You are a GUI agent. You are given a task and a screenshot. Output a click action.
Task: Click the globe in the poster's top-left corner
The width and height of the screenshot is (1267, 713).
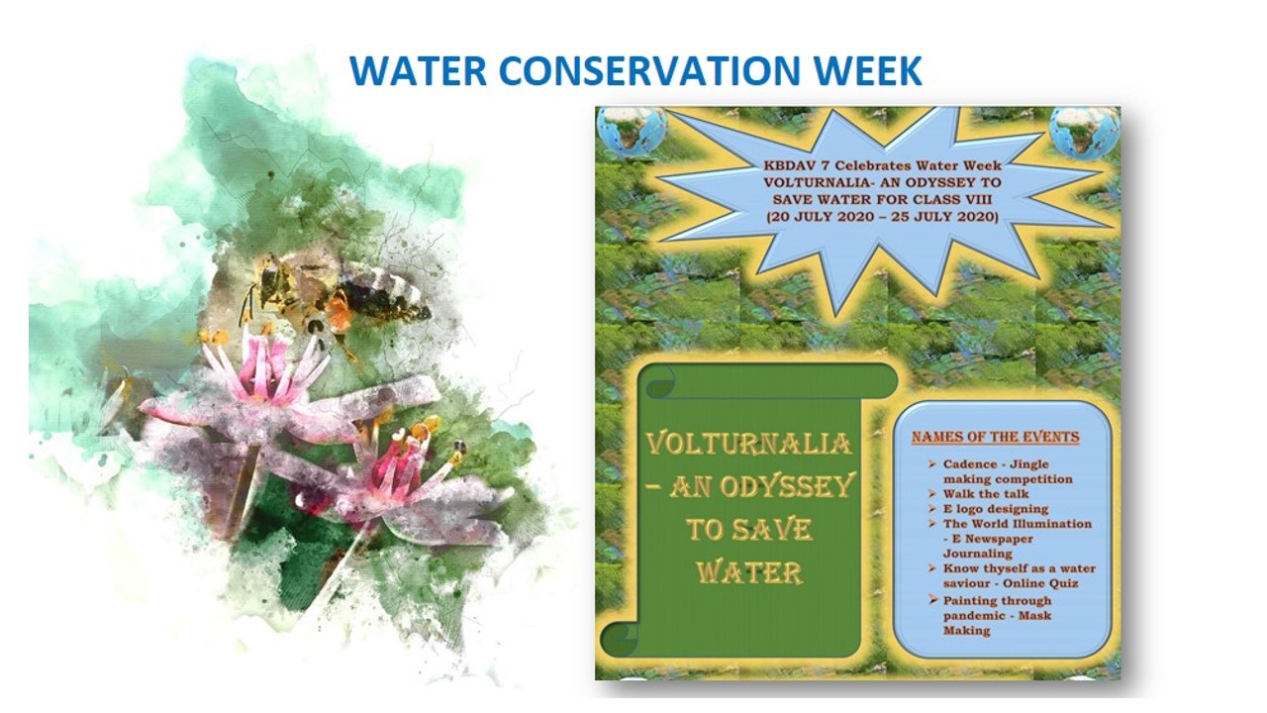click(633, 133)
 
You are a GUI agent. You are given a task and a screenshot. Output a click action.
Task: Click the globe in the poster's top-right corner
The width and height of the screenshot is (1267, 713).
click(1084, 133)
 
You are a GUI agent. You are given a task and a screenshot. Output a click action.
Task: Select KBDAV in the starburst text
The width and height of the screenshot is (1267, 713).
click(790, 165)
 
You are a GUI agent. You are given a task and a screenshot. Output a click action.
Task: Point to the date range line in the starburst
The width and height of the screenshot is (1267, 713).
click(882, 217)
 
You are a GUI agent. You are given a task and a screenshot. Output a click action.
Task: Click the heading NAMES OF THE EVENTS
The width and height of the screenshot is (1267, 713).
click(995, 437)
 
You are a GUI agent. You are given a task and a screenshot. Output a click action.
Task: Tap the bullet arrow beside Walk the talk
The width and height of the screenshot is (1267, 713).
click(931, 493)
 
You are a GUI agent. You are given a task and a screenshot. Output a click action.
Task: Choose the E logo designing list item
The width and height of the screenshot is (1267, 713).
click(996, 509)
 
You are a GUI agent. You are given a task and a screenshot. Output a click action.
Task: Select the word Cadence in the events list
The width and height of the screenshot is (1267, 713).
click(969, 464)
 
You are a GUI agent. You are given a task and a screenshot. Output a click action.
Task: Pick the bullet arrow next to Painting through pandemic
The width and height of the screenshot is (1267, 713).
click(932, 600)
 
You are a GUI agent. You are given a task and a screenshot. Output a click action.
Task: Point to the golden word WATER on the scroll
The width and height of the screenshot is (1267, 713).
click(749, 572)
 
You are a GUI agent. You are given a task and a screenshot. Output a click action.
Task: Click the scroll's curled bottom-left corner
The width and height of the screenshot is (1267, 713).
click(620, 640)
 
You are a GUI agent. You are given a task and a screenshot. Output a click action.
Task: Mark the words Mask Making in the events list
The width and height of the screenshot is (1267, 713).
click(997, 623)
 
